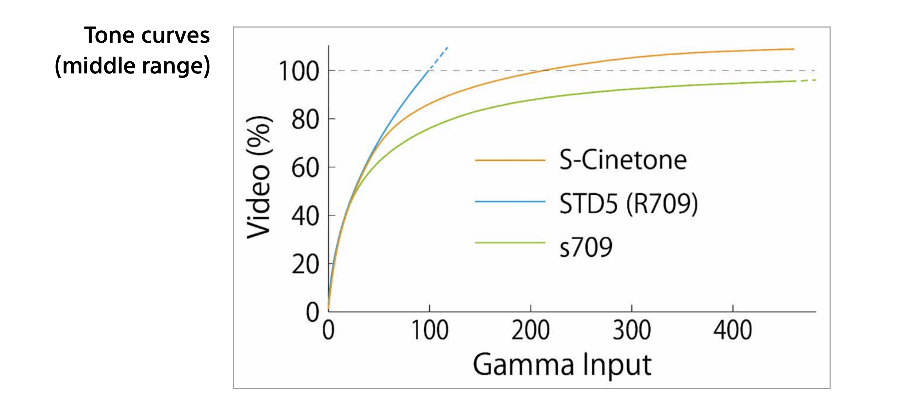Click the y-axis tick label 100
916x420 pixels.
click(x=299, y=71)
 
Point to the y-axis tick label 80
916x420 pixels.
click(x=305, y=120)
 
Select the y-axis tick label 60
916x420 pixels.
click(x=305, y=168)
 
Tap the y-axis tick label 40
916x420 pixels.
click(x=305, y=217)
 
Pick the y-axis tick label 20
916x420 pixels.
click(x=305, y=264)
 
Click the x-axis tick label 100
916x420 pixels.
click(x=429, y=331)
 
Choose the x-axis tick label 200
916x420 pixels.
click(x=530, y=331)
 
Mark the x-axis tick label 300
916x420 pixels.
click(x=632, y=331)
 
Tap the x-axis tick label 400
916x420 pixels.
click(x=733, y=331)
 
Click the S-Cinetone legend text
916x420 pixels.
click(x=623, y=160)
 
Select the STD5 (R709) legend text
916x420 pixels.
click(x=628, y=203)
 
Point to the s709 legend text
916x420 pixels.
click(x=586, y=247)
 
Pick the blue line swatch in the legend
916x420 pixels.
click(x=510, y=202)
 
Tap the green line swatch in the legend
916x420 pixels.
click(x=510, y=243)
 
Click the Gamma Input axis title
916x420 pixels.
click(x=562, y=365)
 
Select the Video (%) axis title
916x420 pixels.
click(x=259, y=177)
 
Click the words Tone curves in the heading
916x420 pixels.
click(x=147, y=35)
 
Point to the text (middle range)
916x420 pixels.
click(x=132, y=66)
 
